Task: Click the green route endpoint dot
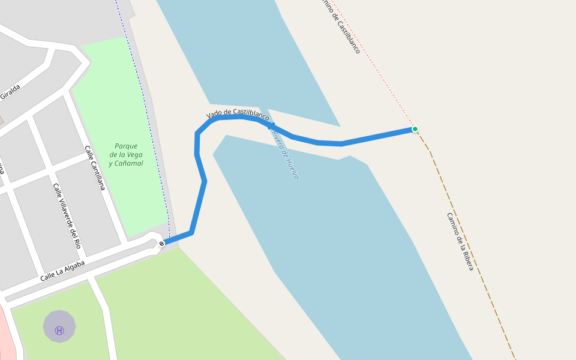(x=415, y=129)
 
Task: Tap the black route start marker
(x=161, y=243)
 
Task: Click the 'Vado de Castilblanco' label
(x=238, y=114)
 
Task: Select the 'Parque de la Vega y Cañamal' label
(x=126, y=155)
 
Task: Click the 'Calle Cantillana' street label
(x=95, y=168)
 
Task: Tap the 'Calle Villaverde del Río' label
(x=67, y=216)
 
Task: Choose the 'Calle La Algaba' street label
(x=62, y=271)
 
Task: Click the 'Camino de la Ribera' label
(x=460, y=241)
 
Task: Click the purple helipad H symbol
(x=59, y=330)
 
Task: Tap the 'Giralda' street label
(x=10, y=91)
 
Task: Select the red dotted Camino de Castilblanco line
(x=378, y=72)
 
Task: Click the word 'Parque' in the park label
(x=126, y=146)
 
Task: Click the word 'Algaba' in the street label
(x=72, y=267)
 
